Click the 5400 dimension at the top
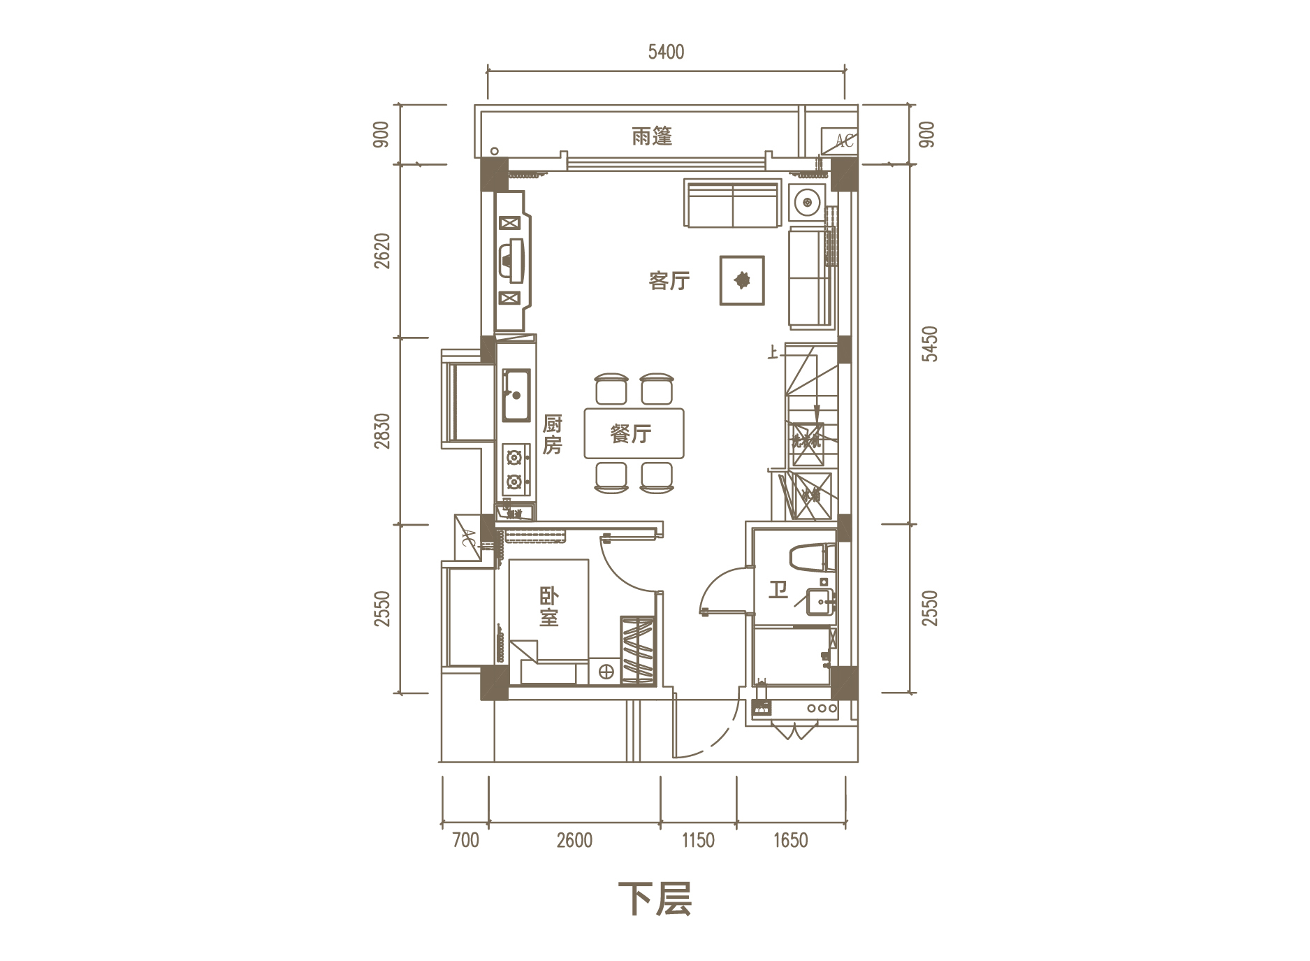coord(666,52)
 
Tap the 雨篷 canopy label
coord(651,136)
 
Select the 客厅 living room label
coord(669,281)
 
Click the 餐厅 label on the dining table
coord(631,434)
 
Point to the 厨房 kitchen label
coord(552,434)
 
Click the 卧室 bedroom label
coord(548,607)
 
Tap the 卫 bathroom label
coord(778,590)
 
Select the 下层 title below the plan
coord(655,899)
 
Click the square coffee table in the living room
coord(742,280)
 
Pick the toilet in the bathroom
coord(810,558)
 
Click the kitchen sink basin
coord(516,395)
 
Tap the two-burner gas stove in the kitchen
coord(515,470)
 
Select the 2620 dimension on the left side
coord(382,250)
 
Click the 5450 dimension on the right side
coord(929,343)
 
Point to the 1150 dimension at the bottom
coord(698,839)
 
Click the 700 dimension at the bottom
coord(465,839)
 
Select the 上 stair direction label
coord(772,352)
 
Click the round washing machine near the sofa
coord(808,202)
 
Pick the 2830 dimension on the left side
coord(382,431)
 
